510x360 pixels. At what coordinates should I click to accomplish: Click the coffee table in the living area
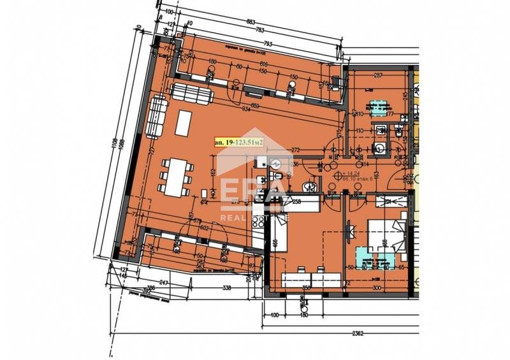(x=183, y=123)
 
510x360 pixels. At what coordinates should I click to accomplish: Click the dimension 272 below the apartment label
(x=295, y=151)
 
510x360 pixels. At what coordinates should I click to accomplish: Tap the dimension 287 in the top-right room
(x=377, y=76)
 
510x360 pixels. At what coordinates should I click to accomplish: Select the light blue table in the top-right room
(x=380, y=108)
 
